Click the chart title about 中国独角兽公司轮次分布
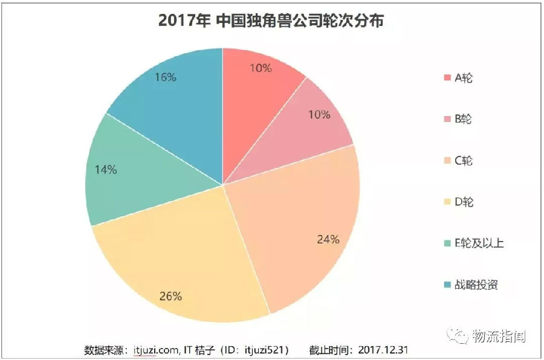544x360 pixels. click(x=271, y=21)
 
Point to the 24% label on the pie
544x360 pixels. click(x=328, y=239)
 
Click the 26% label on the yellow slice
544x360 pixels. click(x=170, y=296)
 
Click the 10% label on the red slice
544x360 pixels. click(x=261, y=68)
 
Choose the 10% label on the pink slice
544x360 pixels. click(x=320, y=114)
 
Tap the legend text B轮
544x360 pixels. click(x=463, y=119)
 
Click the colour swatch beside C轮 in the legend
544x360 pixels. click(x=447, y=161)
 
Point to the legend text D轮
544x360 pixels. click(x=464, y=202)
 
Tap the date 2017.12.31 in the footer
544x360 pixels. click(x=385, y=350)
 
